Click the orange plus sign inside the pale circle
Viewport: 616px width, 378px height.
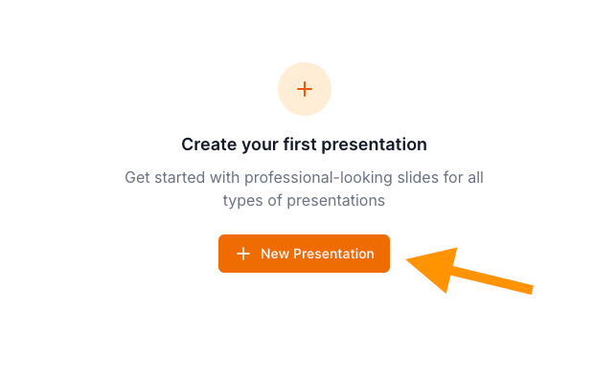[x=305, y=89]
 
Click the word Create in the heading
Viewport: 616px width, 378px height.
[x=210, y=145]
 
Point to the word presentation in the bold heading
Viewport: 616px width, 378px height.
[x=374, y=145]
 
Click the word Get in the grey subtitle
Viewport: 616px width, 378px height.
[x=137, y=177]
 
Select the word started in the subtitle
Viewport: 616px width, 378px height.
[x=179, y=177]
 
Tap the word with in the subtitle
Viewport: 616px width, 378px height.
[x=225, y=177]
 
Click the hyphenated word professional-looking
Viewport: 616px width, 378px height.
[x=318, y=179]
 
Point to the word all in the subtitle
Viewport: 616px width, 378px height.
[x=475, y=177]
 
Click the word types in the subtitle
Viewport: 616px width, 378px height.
[x=243, y=201]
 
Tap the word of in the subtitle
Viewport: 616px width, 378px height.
[x=275, y=200]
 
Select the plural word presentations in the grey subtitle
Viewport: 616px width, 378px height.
[x=336, y=201]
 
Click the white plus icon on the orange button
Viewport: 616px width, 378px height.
[x=243, y=254]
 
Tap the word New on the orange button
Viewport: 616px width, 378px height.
[x=275, y=254]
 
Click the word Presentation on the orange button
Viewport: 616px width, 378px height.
[x=334, y=254]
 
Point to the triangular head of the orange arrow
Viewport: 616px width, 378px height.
[x=437, y=267]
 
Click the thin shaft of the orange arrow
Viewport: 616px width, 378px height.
[x=492, y=280]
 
